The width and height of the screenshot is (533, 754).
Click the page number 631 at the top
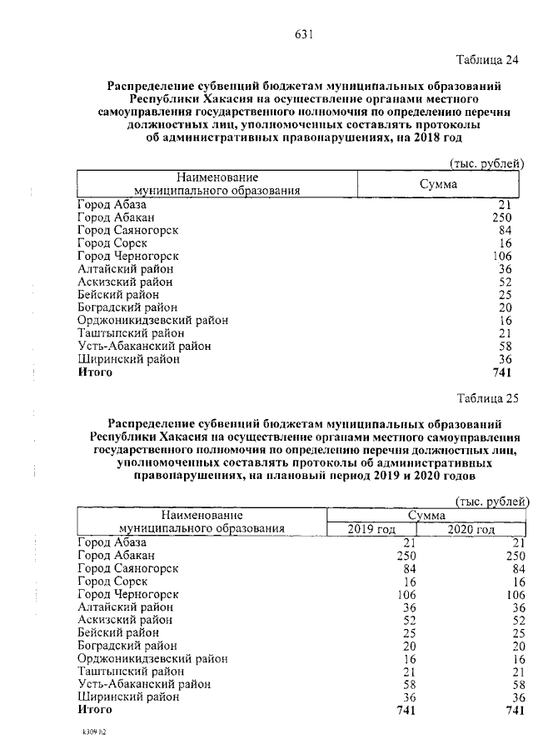[x=303, y=34]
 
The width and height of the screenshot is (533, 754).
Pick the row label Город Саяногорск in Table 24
[x=127, y=229]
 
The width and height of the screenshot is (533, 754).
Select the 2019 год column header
[x=371, y=529]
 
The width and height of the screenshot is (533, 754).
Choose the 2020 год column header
[x=471, y=529]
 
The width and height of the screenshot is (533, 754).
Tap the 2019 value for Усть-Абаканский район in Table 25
[x=407, y=683]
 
